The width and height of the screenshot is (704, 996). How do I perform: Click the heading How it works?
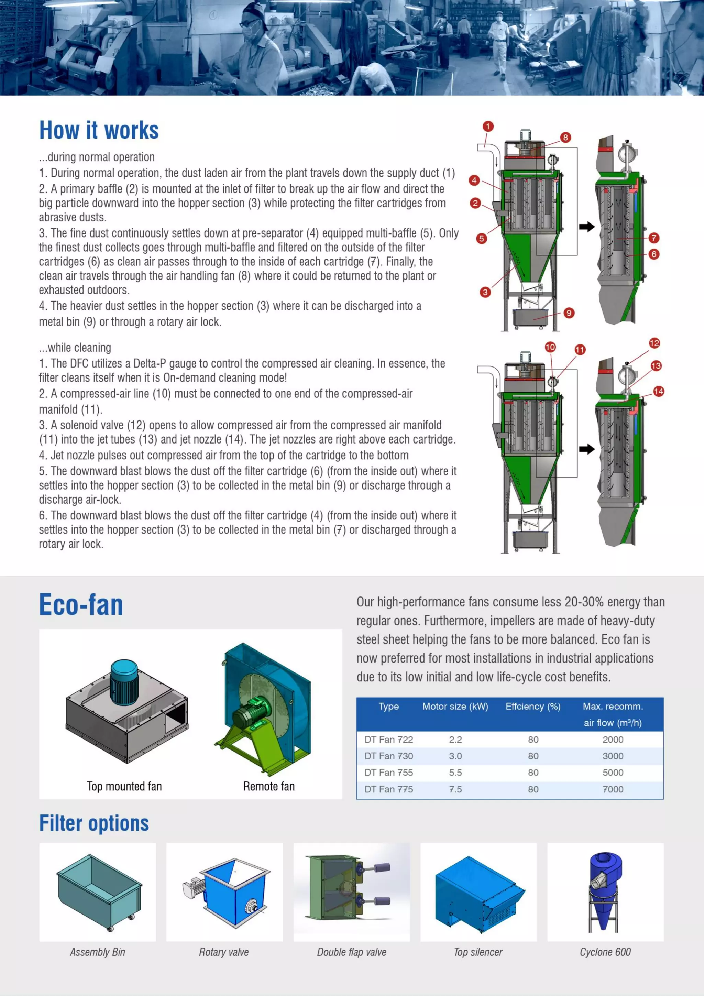99,130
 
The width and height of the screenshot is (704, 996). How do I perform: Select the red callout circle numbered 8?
565,138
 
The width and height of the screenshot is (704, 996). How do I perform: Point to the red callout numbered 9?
569,313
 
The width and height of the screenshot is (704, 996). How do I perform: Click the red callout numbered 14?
659,391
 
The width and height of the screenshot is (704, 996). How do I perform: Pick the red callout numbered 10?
550,347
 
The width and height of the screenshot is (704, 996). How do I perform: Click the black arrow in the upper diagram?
586,227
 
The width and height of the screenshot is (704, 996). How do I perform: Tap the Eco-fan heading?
81,605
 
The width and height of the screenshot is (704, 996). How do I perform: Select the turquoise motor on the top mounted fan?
124,681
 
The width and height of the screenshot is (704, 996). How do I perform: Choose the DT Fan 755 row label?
389,773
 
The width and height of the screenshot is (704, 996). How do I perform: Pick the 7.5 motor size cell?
455,789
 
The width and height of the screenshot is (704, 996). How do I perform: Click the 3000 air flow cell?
613,756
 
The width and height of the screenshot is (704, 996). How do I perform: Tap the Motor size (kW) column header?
455,706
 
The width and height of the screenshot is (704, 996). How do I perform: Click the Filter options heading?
94,823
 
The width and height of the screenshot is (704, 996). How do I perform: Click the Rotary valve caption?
224,952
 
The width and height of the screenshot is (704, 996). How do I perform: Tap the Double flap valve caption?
351,952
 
